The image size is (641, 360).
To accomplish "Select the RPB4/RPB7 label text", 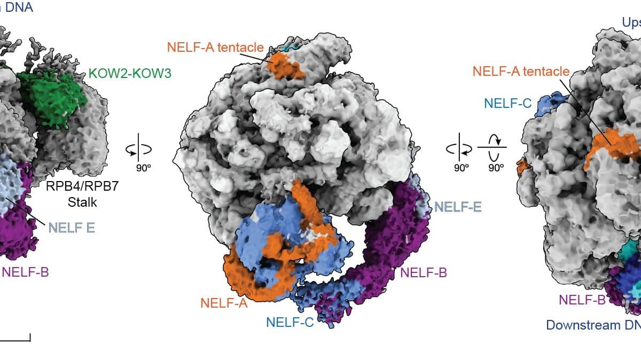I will coord(80,187).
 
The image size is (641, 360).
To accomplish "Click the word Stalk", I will coord(80,202).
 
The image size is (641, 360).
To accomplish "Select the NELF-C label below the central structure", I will coord(290,322).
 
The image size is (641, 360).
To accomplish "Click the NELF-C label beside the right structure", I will coord(507,103).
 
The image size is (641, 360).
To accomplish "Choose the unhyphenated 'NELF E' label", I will coord(72,228).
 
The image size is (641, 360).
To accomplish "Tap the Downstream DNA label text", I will coord(593,325).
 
